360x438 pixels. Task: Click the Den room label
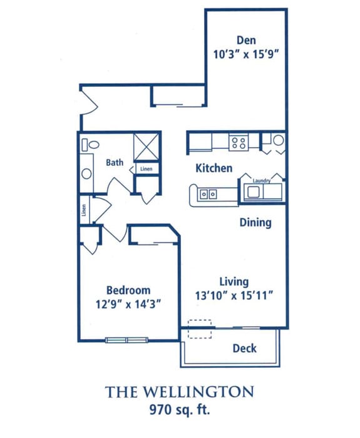click(x=246, y=40)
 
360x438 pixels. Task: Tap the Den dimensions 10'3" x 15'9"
click(x=246, y=54)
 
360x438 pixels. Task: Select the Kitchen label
click(x=214, y=168)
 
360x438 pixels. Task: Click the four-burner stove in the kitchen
click(x=239, y=142)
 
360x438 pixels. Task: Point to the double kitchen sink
click(x=208, y=194)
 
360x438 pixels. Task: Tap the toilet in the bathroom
click(x=91, y=145)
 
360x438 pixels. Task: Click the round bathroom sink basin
click(x=86, y=174)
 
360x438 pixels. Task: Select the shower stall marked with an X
click(x=146, y=147)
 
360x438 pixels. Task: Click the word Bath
click(x=115, y=162)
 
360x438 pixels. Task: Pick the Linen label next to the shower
click(x=147, y=169)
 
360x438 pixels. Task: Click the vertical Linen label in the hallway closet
click(x=84, y=210)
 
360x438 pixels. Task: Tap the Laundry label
click(x=262, y=180)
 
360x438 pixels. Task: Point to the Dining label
click(x=255, y=223)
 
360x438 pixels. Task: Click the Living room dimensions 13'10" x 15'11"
click(x=234, y=295)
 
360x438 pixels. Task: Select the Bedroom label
click(x=128, y=290)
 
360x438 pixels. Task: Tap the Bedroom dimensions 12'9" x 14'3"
click(x=128, y=304)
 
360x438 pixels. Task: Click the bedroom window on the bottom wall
click(x=127, y=340)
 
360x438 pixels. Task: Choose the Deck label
click(x=245, y=349)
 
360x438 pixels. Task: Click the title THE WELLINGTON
click(x=180, y=392)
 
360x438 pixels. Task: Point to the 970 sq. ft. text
click(x=180, y=410)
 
